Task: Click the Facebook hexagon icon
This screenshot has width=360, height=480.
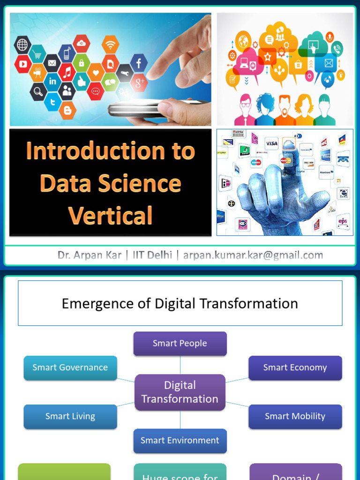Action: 139,63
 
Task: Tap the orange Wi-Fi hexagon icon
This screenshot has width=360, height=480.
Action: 111,45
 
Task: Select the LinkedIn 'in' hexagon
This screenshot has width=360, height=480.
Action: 52,81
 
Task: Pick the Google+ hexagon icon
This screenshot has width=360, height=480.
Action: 139,82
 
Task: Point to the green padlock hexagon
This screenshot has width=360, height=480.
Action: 82,62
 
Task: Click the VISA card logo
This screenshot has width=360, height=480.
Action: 271,143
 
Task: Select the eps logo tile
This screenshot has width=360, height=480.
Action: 343,221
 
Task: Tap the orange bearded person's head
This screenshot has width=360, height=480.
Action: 285,104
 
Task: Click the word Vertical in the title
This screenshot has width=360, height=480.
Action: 111,216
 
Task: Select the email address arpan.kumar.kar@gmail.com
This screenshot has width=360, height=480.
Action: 253,255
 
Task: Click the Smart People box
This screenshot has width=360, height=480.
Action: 180,343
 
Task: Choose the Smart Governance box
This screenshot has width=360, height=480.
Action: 70,367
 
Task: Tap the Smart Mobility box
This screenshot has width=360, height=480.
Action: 295,416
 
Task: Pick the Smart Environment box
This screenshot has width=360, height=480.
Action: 180,441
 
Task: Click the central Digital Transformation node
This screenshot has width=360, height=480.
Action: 180,392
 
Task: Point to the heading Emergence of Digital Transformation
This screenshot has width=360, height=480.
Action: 180,304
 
